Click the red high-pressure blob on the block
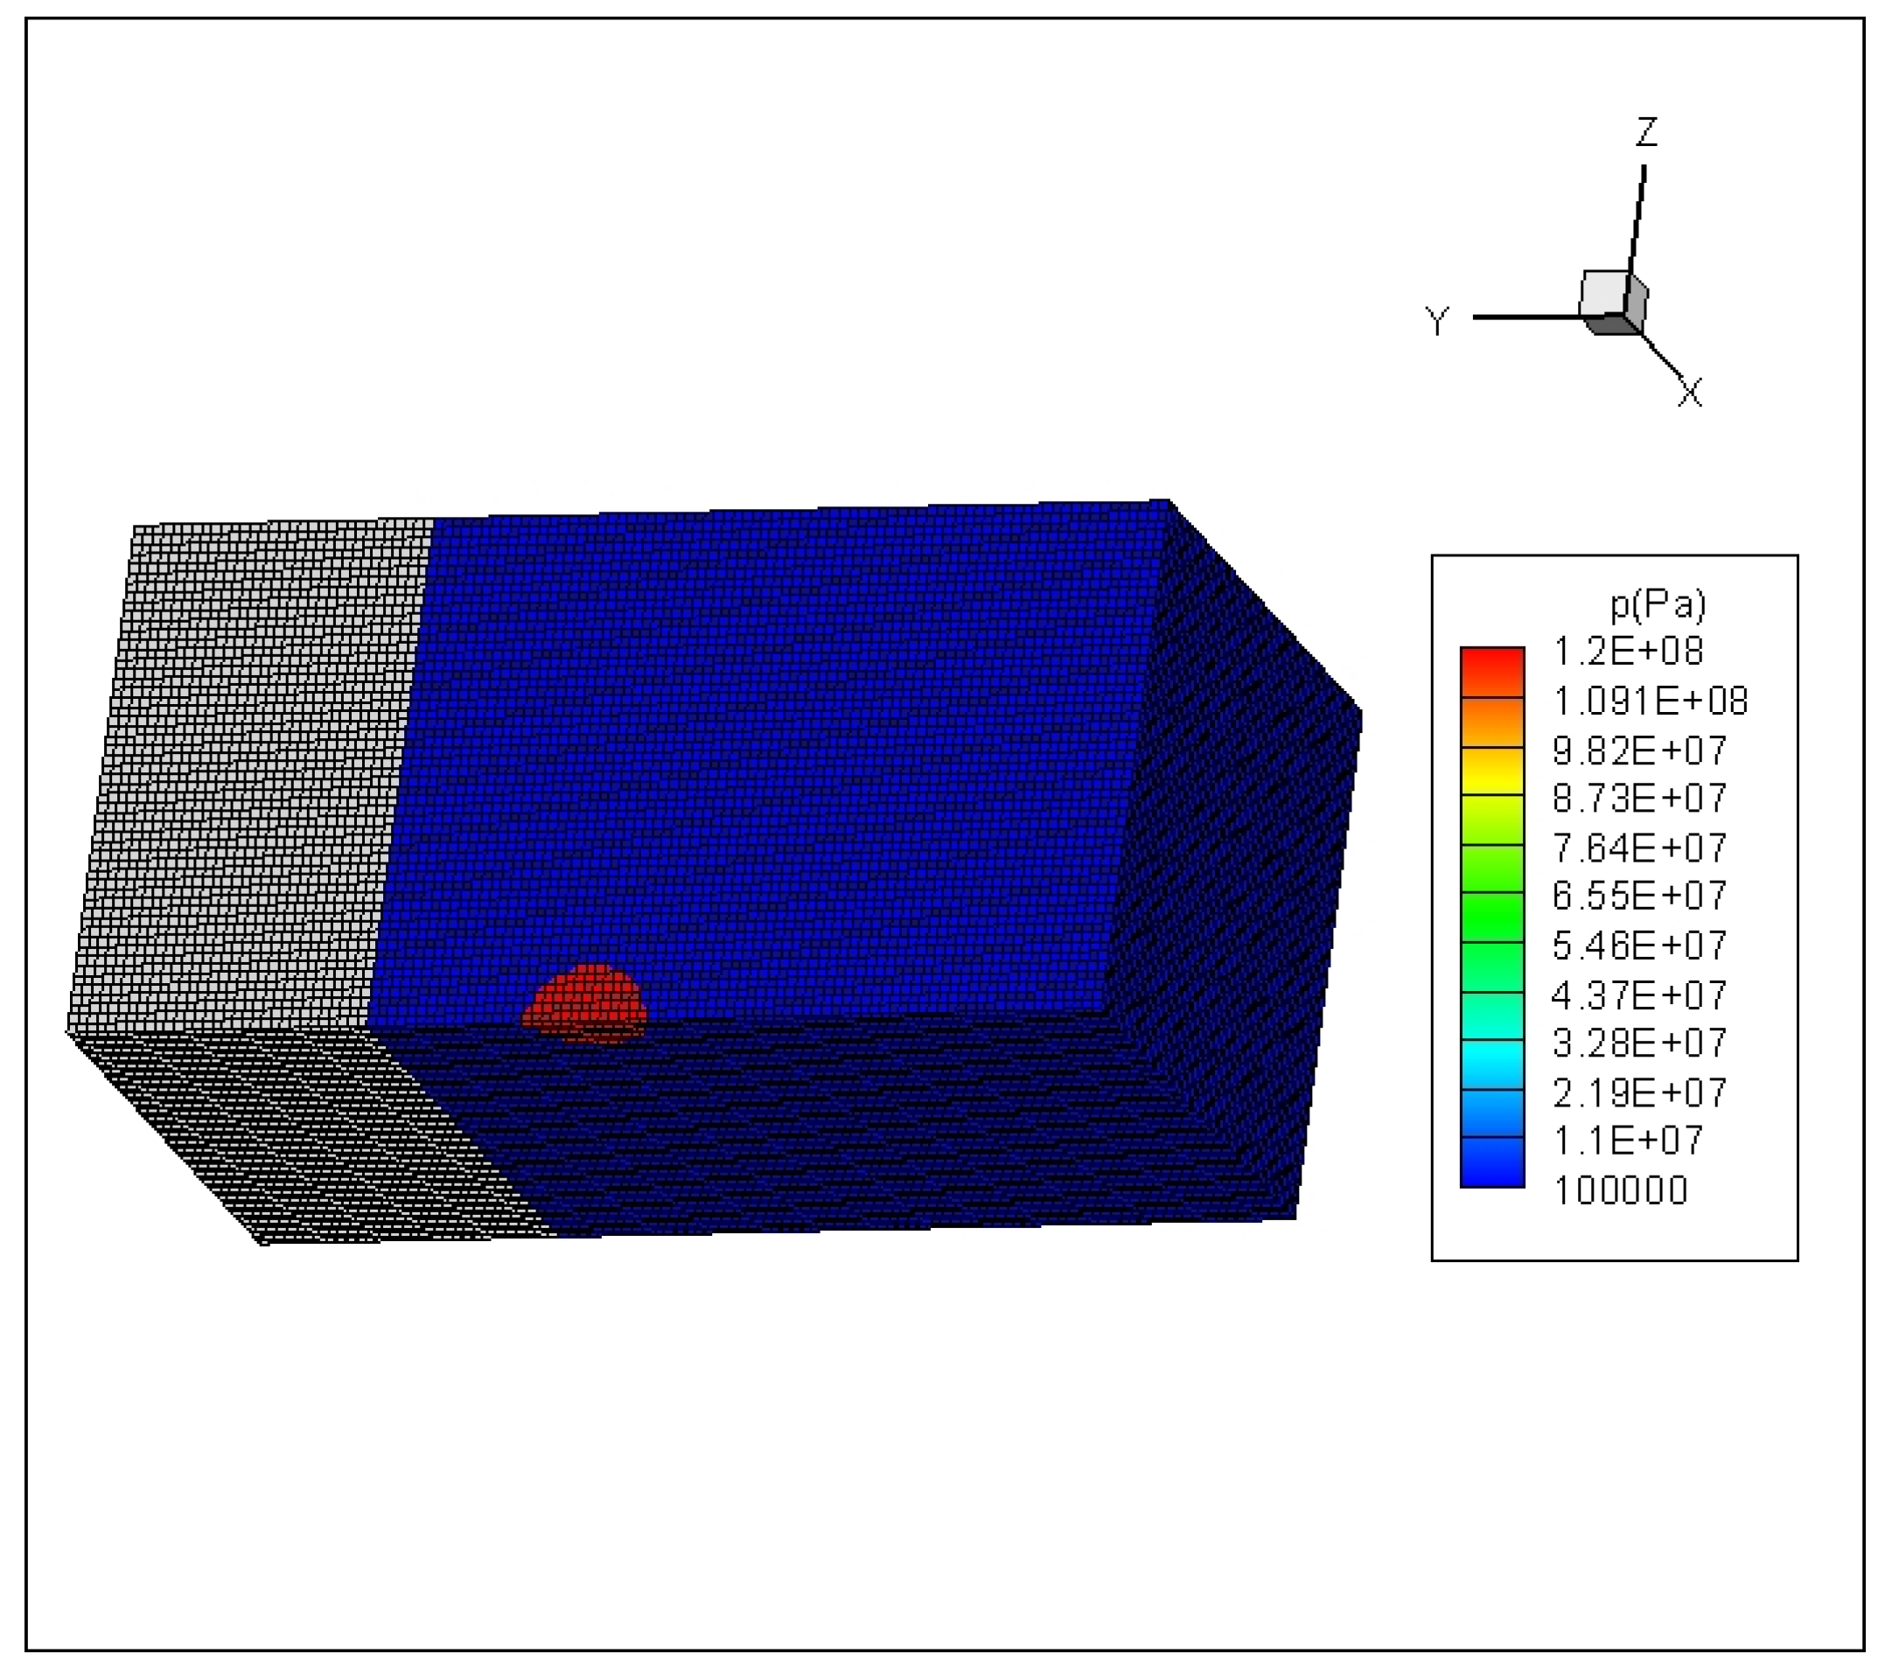(x=584, y=1002)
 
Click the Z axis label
(x=1646, y=133)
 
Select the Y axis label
(x=1437, y=321)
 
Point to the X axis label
(x=1689, y=393)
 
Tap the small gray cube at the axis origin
(x=1613, y=302)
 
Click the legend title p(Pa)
(x=1658, y=604)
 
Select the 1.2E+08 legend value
(x=1629, y=651)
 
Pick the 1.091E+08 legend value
(x=1650, y=701)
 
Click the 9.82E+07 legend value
(x=1640, y=750)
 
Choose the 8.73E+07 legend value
(x=1640, y=798)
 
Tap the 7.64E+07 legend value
(x=1640, y=848)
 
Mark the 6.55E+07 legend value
(x=1640, y=895)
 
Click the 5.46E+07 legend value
(x=1640, y=946)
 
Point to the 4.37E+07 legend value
(x=1640, y=995)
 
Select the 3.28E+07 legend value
(x=1640, y=1043)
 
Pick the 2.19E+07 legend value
(x=1640, y=1093)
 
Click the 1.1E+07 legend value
(x=1629, y=1141)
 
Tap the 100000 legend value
(x=1620, y=1190)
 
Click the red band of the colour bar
(x=1492, y=672)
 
